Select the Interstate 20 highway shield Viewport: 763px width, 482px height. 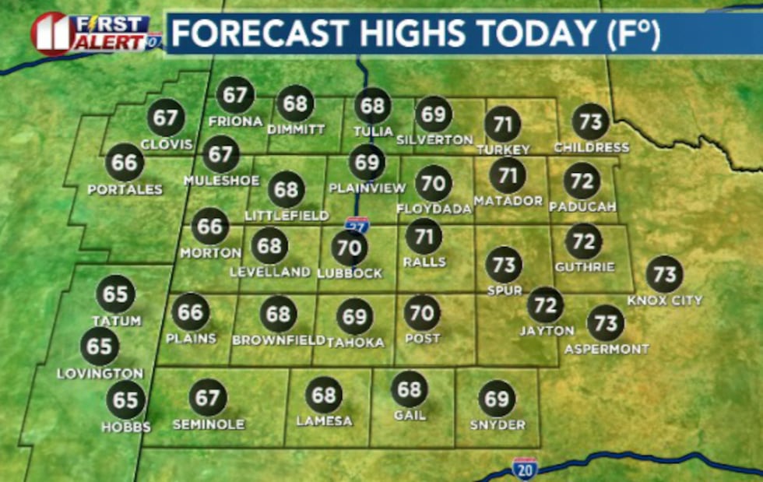[x=524, y=468]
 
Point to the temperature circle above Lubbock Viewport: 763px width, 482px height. [x=349, y=248]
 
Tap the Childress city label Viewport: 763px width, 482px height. [x=591, y=147]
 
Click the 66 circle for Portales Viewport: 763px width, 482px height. [x=125, y=163]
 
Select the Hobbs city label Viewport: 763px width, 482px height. [x=125, y=427]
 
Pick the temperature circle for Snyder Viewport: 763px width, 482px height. [x=497, y=399]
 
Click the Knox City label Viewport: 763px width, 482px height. [x=664, y=300]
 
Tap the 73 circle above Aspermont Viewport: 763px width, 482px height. [x=605, y=323]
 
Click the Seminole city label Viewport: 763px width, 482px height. [x=208, y=424]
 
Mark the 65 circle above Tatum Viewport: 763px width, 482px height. [x=115, y=295]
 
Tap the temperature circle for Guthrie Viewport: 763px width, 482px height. [x=583, y=241]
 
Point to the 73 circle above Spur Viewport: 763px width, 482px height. [x=503, y=266]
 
